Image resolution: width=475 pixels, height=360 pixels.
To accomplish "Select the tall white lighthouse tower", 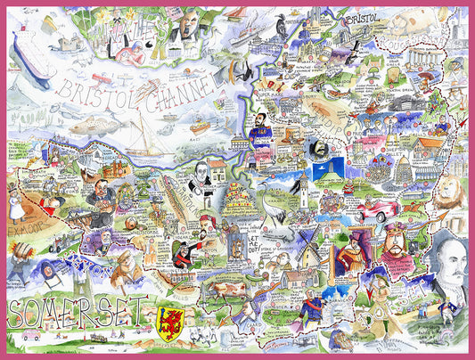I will click(304, 192).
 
